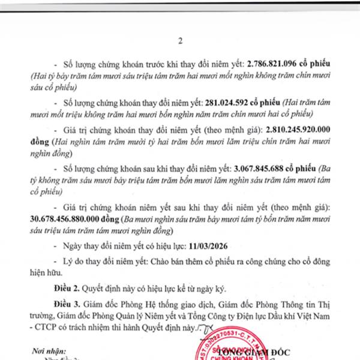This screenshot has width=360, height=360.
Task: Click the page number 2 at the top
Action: tap(179, 41)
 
